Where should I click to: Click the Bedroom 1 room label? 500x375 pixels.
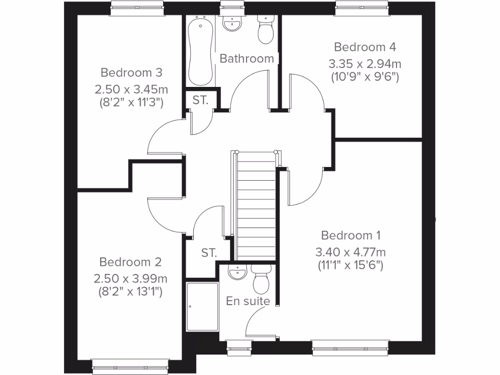pos(351,235)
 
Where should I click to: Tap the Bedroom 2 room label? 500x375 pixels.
pos(130,262)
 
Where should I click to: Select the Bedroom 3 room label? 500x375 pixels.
pos(131,73)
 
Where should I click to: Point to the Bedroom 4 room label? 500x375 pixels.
pos(365,47)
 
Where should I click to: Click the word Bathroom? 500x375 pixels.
pos(247,59)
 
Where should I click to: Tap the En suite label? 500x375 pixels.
pos(248,301)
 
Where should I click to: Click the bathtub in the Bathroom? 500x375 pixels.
pos(200,51)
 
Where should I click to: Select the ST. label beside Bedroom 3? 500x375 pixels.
pos(200,101)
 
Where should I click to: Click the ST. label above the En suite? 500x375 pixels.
pos(208,253)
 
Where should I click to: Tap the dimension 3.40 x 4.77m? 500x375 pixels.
pos(351,252)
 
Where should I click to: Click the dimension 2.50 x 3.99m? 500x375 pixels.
pos(130,279)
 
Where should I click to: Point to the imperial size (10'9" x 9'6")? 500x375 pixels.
pos(365,76)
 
